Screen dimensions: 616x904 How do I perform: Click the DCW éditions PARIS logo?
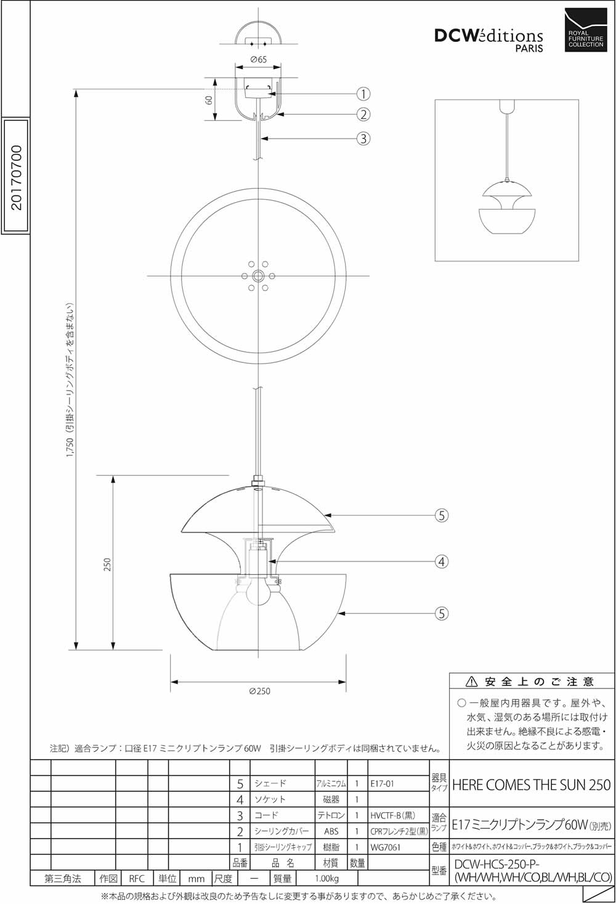click(x=488, y=40)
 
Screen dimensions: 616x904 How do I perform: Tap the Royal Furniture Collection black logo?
click(x=586, y=30)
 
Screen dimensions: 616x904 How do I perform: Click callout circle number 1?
click(x=363, y=94)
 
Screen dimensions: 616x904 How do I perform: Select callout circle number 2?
click(x=363, y=114)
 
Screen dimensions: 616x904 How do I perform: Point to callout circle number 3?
click(x=363, y=139)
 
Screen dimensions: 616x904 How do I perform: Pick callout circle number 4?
click(x=442, y=561)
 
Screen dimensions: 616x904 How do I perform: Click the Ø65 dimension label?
click(x=258, y=59)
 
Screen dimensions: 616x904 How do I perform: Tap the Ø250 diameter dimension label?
click(x=259, y=691)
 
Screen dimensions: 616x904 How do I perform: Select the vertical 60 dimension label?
click(x=209, y=100)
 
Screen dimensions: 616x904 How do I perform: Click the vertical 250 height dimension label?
click(x=107, y=564)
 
